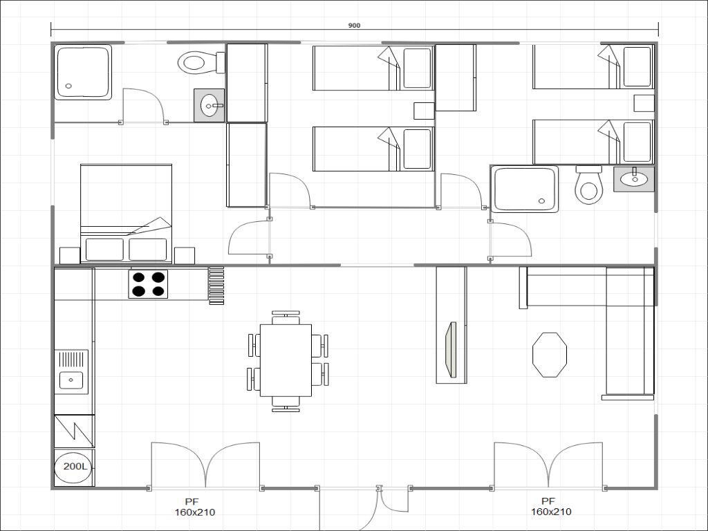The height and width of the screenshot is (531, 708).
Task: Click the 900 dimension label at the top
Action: (354, 26)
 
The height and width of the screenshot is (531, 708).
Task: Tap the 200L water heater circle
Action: (73, 467)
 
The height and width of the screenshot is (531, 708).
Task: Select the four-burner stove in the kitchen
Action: (148, 284)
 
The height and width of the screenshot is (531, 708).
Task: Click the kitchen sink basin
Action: (71, 380)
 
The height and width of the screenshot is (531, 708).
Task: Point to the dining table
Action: (286, 360)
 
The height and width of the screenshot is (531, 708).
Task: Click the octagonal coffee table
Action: (550, 355)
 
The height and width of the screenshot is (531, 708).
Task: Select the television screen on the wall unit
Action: (450, 349)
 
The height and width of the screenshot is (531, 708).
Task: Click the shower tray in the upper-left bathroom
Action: (83, 72)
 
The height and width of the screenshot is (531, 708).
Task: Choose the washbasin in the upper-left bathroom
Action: (209, 105)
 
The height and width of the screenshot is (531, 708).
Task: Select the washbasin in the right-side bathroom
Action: (634, 179)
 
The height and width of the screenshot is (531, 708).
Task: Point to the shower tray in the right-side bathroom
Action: (525, 189)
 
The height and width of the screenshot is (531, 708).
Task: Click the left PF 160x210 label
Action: (194, 507)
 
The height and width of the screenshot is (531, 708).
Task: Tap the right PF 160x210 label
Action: (551, 507)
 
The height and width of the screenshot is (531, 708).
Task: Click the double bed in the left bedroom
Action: (126, 213)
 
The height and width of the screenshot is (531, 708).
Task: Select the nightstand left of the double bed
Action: (70, 255)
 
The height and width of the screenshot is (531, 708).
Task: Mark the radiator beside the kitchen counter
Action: (216, 286)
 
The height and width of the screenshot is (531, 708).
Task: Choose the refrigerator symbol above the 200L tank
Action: (74, 431)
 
